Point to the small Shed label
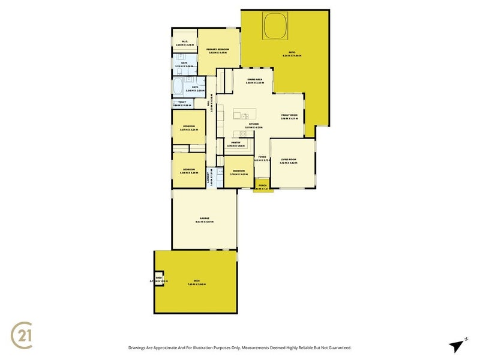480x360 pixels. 159,278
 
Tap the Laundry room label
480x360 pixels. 212,178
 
